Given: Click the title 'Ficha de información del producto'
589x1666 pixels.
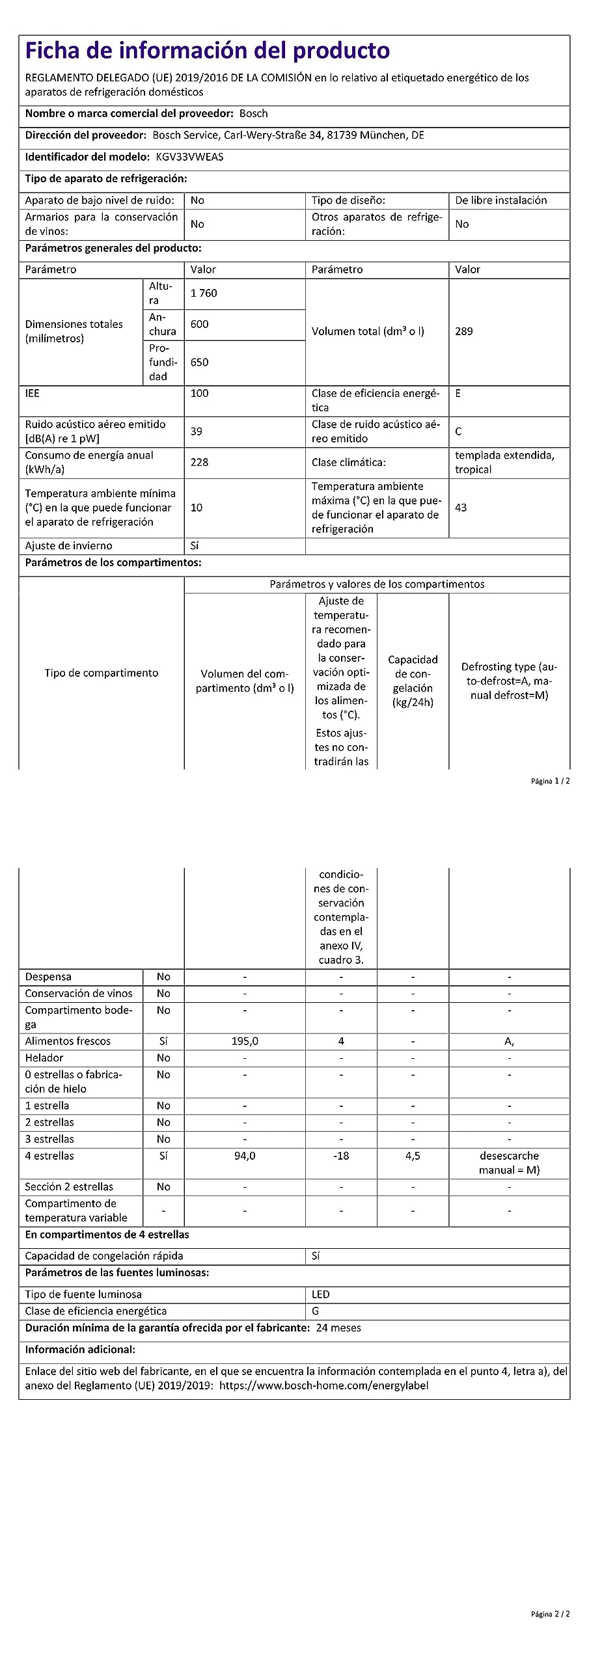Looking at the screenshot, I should tap(207, 50).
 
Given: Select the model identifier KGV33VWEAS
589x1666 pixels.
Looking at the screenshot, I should tap(189, 157).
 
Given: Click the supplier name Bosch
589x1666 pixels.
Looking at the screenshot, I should tap(253, 113).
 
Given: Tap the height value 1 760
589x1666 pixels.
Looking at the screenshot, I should tap(204, 293).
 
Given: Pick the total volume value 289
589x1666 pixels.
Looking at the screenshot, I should tap(464, 331).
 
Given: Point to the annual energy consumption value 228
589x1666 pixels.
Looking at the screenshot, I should tap(199, 462).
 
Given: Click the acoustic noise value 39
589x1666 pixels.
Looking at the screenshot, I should tap(196, 431).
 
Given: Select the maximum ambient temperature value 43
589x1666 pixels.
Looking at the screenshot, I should tap(461, 508).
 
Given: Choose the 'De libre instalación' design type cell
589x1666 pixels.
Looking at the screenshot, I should tap(500, 200).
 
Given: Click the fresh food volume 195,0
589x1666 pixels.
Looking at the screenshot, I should tap(245, 1041).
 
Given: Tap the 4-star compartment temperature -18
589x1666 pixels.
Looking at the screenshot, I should tap(341, 1156).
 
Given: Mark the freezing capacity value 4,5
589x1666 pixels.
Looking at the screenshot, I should tap(413, 1156).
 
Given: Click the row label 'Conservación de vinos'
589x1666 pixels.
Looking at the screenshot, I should tap(79, 993).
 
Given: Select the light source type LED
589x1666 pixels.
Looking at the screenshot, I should tap(320, 1294).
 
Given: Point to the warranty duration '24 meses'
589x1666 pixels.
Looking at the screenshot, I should tap(338, 1328).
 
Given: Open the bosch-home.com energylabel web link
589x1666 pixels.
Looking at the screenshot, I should tap(323, 1386).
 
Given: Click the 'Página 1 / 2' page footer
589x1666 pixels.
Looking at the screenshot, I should tap(550, 781).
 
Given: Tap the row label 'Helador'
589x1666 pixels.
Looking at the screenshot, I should tap(44, 1058).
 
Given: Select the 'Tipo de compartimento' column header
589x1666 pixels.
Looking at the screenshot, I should tap(102, 673).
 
